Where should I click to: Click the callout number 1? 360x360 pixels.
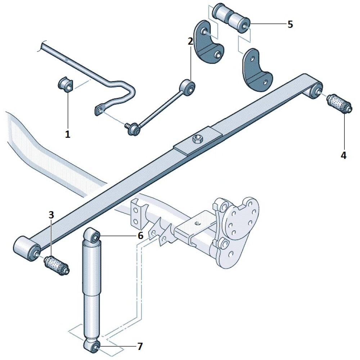click(x=68, y=134)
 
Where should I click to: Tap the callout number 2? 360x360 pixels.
click(x=190, y=41)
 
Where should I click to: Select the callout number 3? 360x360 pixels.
click(x=51, y=215)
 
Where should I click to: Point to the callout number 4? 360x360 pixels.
click(x=343, y=156)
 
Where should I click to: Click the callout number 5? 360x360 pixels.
click(x=290, y=24)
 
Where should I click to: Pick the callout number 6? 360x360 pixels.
click(x=140, y=236)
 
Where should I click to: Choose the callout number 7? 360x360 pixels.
click(x=140, y=346)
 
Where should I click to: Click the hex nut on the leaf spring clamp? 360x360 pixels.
click(x=197, y=139)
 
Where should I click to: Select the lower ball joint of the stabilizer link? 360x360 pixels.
click(x=132, y=129)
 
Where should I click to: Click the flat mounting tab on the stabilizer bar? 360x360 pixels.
click(x=99, y=110)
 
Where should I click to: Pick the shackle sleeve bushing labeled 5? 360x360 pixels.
click(x=231, y=18)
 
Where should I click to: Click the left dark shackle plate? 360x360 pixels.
click(x=208, y=43)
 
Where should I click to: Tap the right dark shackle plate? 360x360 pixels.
click(x=257, y=70)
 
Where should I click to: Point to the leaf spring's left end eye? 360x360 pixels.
click(x=27, y=249)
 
